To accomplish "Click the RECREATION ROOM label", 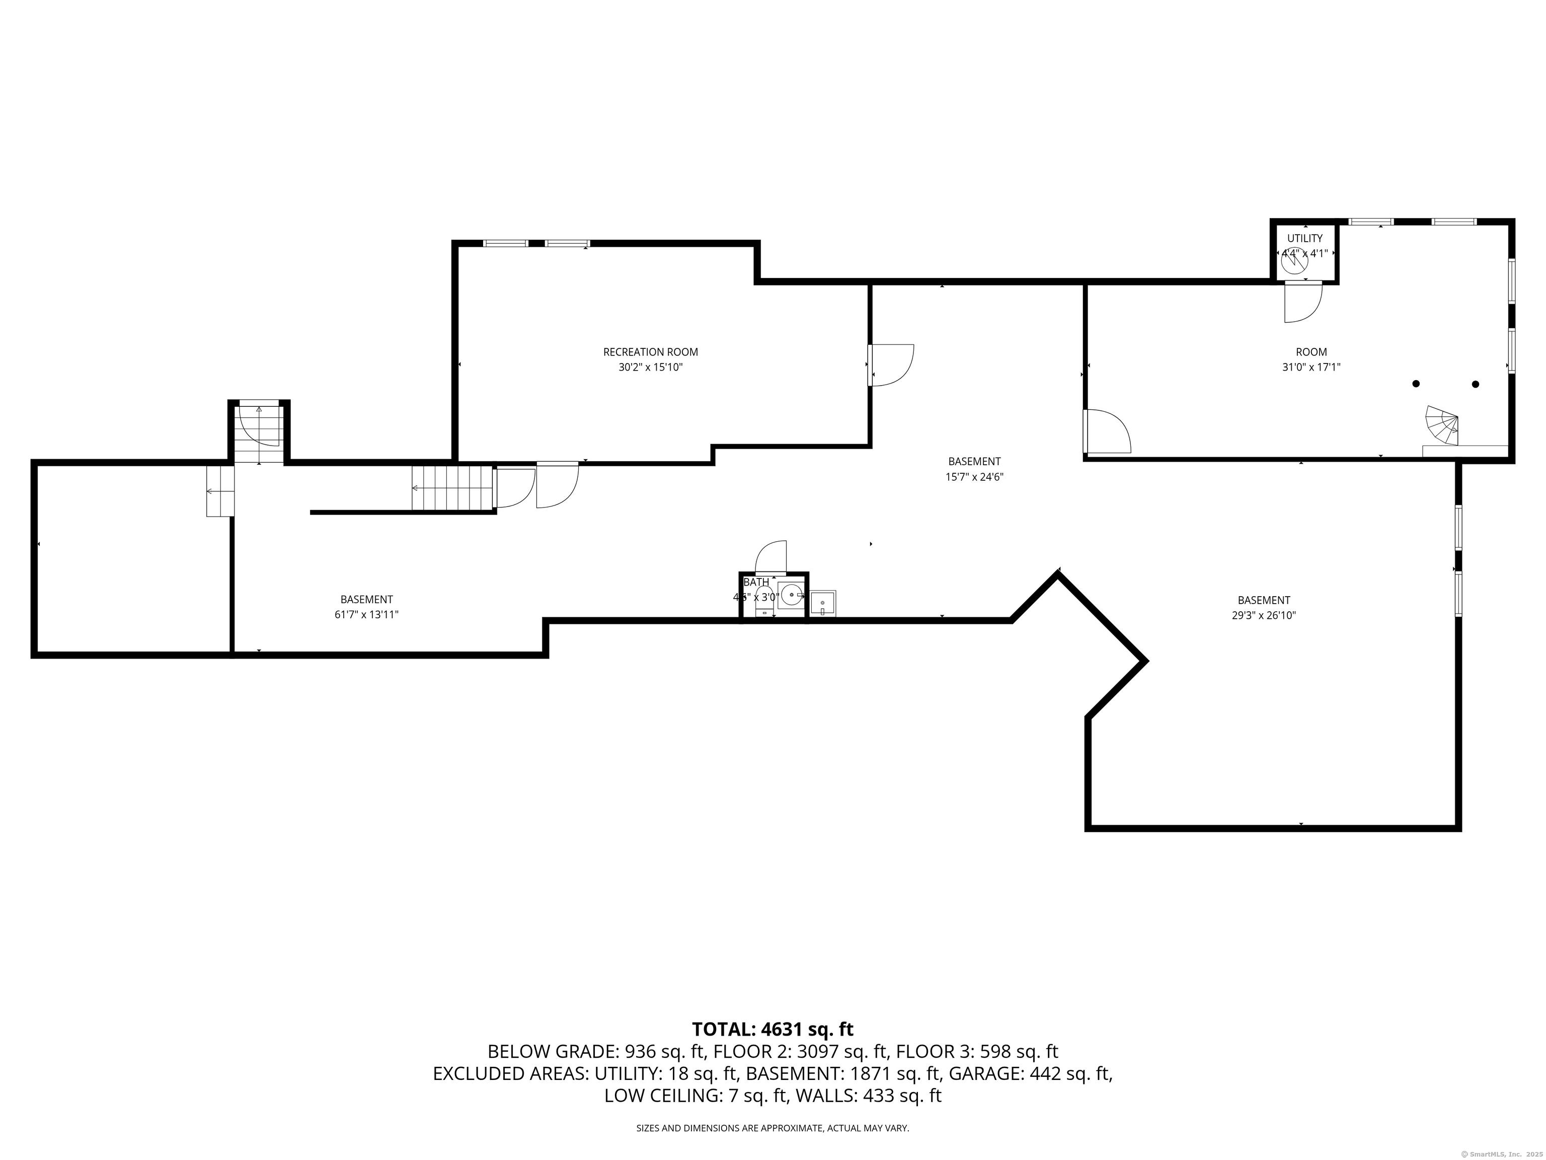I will [650, 352].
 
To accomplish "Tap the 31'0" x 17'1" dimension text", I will [1310, 367].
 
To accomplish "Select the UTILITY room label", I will [1304, 239].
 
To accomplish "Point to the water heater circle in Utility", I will [1294, 264].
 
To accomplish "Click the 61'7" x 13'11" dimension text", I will [366, 615].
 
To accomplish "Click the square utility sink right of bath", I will [823, 603].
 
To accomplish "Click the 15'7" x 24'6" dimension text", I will [974, 477].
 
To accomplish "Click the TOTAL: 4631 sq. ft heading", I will [772, 1029].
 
